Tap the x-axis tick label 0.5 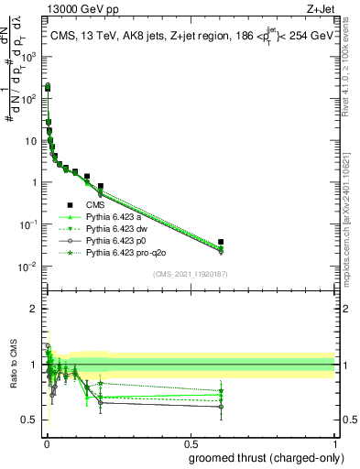pyautogui.click(x=190, y=442)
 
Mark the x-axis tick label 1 pyautogui.click(x=334, y=442)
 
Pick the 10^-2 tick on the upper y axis pyautogui.click(x=28, y=267)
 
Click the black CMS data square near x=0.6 pyautogui.click(x=221, y=242)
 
